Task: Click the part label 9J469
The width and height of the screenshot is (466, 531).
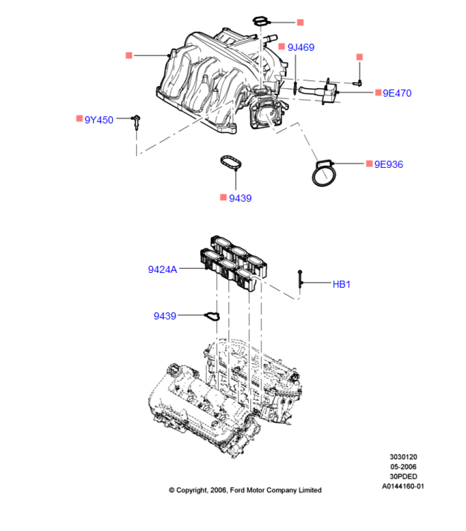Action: tap(301, 47)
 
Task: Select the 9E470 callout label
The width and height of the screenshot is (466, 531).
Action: tap(397, 93)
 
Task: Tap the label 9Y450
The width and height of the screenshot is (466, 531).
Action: tap(99, 120)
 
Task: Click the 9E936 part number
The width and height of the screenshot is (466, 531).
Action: tap(388, 164)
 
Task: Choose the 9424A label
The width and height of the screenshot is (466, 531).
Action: tap(162, 269)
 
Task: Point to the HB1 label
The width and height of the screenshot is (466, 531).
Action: tap(342, 284)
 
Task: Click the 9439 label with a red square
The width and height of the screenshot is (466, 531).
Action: tap(240, 199)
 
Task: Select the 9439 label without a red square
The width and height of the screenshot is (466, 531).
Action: tap(165, 316)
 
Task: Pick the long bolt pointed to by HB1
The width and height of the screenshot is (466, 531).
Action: tap(300, 279)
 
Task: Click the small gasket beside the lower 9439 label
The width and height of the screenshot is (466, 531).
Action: tap(211, 316)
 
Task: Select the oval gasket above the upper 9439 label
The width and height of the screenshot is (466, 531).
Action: tap(230, 162)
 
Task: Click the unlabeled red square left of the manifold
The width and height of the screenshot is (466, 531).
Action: tap(129, 55)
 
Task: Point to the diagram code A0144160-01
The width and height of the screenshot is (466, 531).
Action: tap(403, 486)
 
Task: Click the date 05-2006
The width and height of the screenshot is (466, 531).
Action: tap(403, 466)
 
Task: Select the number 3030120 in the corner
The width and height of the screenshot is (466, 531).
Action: tap(403, 457)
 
